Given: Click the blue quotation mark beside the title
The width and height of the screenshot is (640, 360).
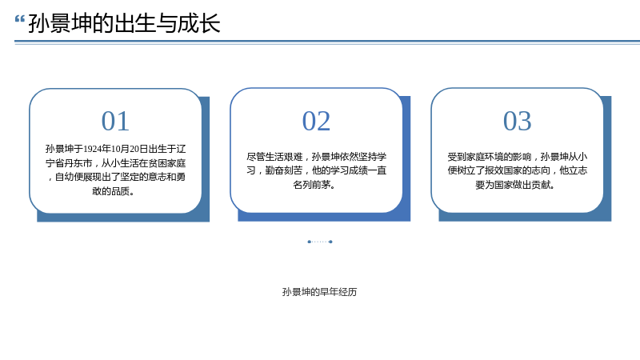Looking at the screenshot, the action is [19, 19].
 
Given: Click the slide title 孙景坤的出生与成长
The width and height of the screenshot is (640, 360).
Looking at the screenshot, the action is [125, 23].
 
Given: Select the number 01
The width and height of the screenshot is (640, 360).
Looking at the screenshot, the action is [115, 122].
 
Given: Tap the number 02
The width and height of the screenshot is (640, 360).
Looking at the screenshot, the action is [316, 122].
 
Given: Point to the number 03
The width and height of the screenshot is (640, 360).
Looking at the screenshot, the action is [517, 122].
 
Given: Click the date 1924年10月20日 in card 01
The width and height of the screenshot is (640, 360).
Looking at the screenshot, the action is [115, 149].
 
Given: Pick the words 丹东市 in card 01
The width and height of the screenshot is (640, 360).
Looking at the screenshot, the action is [78, 163].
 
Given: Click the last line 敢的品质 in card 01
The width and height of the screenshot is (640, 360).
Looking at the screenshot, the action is [113, 191].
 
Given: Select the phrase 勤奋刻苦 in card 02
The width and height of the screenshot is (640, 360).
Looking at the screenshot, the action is [284, 170].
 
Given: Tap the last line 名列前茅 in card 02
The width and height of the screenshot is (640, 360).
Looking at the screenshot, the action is [314, 185].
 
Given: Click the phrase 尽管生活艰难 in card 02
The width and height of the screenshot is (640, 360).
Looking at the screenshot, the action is [274, 157].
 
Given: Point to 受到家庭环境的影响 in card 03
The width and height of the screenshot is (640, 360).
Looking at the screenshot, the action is [490, 157].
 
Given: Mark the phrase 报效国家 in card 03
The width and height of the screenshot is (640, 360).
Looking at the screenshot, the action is [503, 170].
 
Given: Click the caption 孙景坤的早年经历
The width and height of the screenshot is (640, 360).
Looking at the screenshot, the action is [319, 292].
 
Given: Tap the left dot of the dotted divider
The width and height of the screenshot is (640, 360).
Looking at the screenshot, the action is [310, 242].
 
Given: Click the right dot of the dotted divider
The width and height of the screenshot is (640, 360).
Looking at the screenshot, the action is [330, 242].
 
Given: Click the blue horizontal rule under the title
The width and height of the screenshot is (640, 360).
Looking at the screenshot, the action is [327, 42].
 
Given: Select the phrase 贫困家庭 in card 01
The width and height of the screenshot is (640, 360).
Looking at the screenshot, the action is [167, 163].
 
